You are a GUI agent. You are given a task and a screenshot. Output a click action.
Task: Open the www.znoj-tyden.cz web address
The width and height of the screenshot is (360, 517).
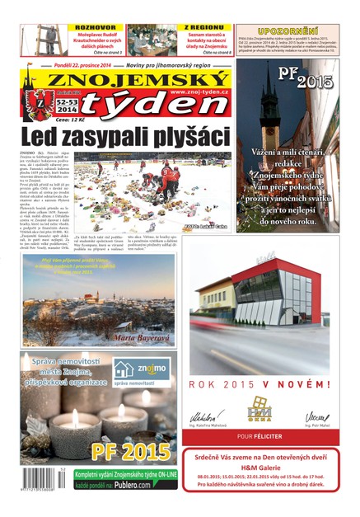(199, 93)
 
